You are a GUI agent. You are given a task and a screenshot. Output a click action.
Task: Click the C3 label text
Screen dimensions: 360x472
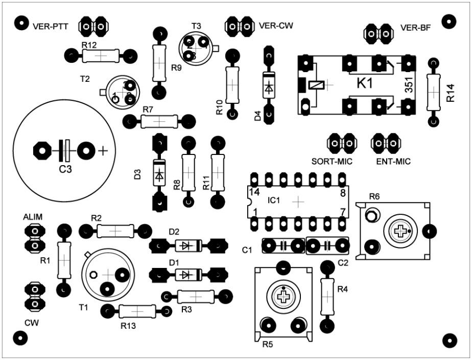pos(64,169)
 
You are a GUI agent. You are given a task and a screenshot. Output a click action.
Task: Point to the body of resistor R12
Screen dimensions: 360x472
pos(101,55)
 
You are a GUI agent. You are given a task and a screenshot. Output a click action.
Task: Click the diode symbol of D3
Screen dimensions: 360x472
pos(159,174)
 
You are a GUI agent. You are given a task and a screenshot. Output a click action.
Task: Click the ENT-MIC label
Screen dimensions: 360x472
pos(393,162)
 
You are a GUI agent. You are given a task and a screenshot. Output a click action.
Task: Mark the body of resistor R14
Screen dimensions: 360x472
pos(433,92)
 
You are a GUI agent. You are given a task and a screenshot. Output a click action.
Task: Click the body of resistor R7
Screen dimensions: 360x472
pos(159,121)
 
